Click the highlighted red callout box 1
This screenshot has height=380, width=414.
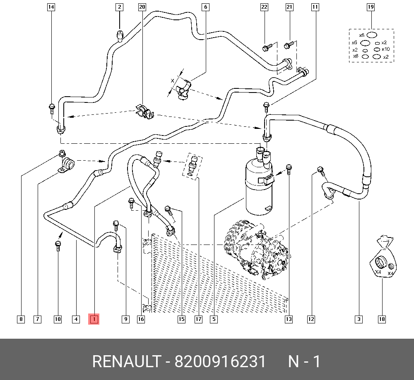(x=94, y=319)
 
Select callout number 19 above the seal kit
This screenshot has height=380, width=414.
(x=371, y=7)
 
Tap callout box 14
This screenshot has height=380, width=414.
(x=51, y=7)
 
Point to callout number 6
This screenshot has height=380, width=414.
(x=205, y=7)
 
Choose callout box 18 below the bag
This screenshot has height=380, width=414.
(x=381, y=319)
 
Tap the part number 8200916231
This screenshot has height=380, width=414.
(x=220, y=362)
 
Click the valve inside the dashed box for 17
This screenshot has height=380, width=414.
(x=192, y=168)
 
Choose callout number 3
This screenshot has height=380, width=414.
(x=359, y=319)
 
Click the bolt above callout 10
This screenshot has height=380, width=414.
(x=58, y=246)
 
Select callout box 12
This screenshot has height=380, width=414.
(x=311, y=319)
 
